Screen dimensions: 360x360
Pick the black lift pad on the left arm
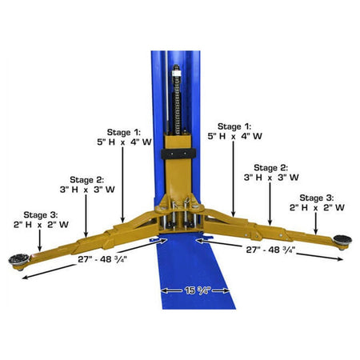point(18,258)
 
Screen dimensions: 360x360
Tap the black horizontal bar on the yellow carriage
point(180,151)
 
